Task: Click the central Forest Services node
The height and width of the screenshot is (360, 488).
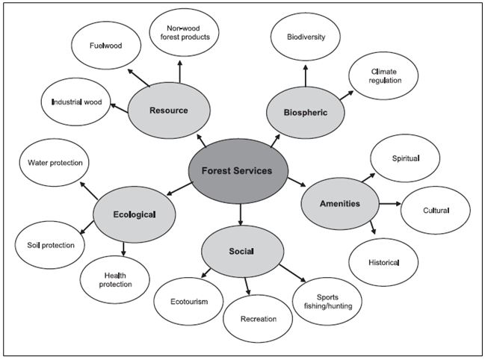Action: (240, 170)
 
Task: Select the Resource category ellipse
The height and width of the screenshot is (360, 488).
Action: (168, 111)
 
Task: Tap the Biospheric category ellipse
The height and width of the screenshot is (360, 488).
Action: (306, 113)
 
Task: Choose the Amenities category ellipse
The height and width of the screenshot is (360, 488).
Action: (340, 203)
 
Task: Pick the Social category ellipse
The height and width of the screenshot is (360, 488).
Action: (242, 251)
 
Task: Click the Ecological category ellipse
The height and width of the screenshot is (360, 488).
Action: (135, 215)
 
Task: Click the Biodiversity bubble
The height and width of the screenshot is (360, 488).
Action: (306, 36)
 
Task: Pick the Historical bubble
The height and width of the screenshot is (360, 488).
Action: (384, 262)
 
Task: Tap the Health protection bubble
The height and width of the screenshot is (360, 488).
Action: (115, 279)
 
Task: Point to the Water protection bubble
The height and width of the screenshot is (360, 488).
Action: (55, 163)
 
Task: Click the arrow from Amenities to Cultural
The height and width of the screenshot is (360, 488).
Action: (390, 204)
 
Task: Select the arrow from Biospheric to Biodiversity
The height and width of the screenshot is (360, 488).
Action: (306, 73)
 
